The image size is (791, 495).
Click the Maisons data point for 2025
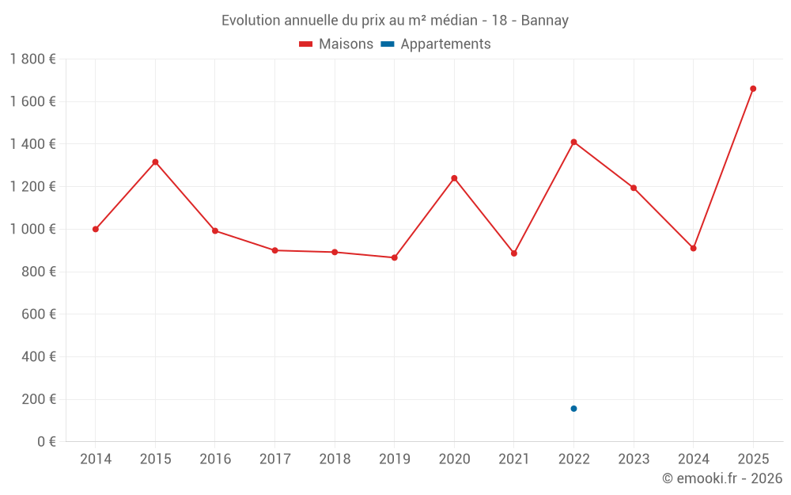pos(753,89)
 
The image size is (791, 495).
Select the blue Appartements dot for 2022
pos(573,409)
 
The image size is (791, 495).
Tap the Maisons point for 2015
pos(155,162)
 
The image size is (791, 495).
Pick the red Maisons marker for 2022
pos(573,142)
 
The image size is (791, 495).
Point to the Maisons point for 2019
pos(395,257)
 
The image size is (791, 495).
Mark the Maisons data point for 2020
pos(454,178)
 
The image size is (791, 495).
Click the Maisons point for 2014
pos(96,229)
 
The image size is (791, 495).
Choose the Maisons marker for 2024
pos(693,248)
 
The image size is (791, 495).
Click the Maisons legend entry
pos(336,44)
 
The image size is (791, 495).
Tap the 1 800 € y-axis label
pos(32,59)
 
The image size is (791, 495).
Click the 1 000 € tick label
pos(32,229)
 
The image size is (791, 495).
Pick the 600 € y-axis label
pos(40,314)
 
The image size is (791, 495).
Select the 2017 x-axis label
pos(274,459)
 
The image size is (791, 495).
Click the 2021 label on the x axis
pos(513,459)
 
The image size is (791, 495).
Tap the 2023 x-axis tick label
pos(633,459)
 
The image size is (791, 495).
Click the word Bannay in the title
pos(545,21)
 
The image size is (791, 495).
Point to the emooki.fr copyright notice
pos(722,478)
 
